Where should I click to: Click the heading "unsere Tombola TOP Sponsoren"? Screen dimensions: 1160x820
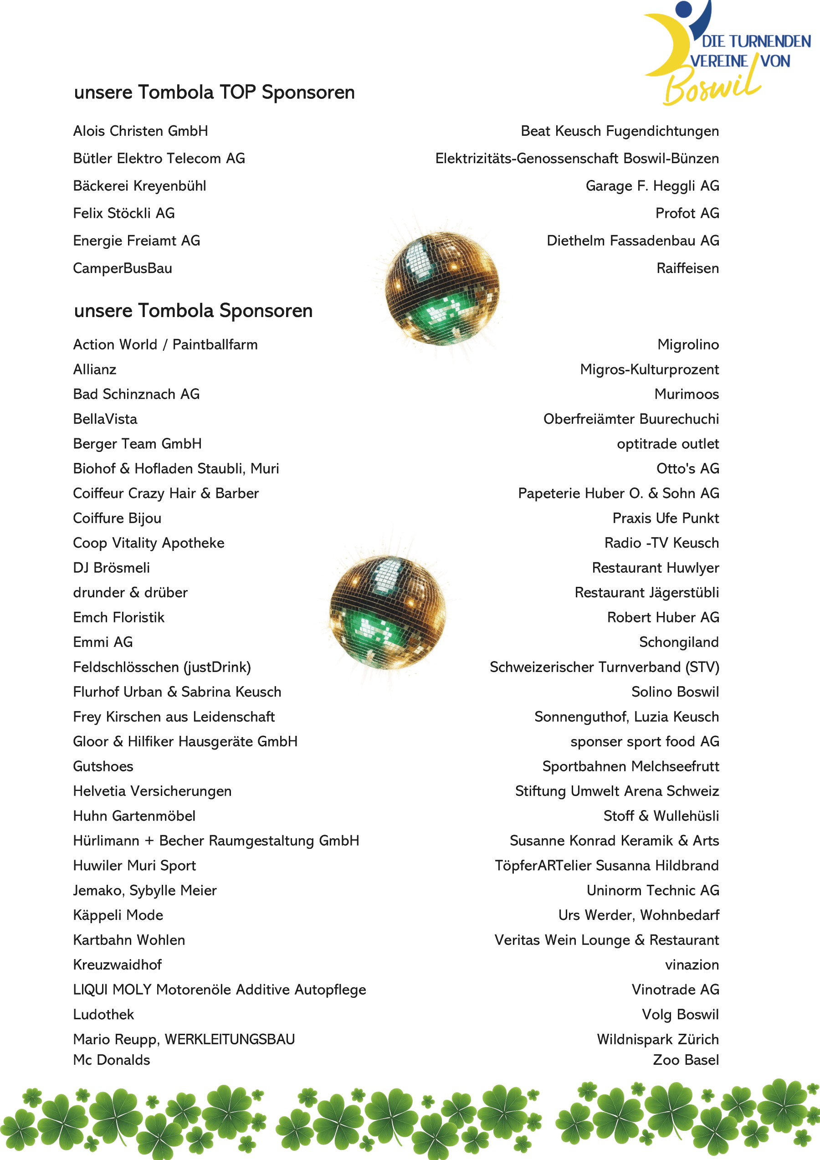[x=214, y=92]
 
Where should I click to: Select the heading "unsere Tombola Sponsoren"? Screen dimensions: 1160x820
[x=193, y=311]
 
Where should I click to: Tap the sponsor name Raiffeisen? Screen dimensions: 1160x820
[x=687, y=268]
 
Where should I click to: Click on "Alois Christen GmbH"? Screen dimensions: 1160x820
[x=140, y=131]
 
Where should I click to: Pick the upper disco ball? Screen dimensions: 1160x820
[x=441, y=288]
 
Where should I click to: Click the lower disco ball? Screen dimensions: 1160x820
[x=388, y=612]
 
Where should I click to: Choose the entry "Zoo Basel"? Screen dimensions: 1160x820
[x=686, y=1060]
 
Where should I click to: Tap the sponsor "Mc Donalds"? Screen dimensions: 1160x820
[x=112, y=1060]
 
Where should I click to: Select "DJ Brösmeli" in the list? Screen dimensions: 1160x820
[x=112, y=568]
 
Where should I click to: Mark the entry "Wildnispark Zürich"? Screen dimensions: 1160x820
[x=657, y=1039]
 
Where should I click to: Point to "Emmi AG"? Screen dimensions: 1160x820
[x=103, y=642]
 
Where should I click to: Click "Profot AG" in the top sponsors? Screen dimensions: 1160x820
[x=687, y=213]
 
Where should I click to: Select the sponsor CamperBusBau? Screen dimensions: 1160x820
[x=123, y=268]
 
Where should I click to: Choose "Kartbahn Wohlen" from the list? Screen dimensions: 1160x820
[x=129, y=940]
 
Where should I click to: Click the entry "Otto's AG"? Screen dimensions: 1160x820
[x=687, y=468]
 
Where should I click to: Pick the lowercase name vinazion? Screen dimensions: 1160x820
[x=692, y=965]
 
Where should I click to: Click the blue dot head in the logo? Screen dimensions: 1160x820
[x=684, y=9]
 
